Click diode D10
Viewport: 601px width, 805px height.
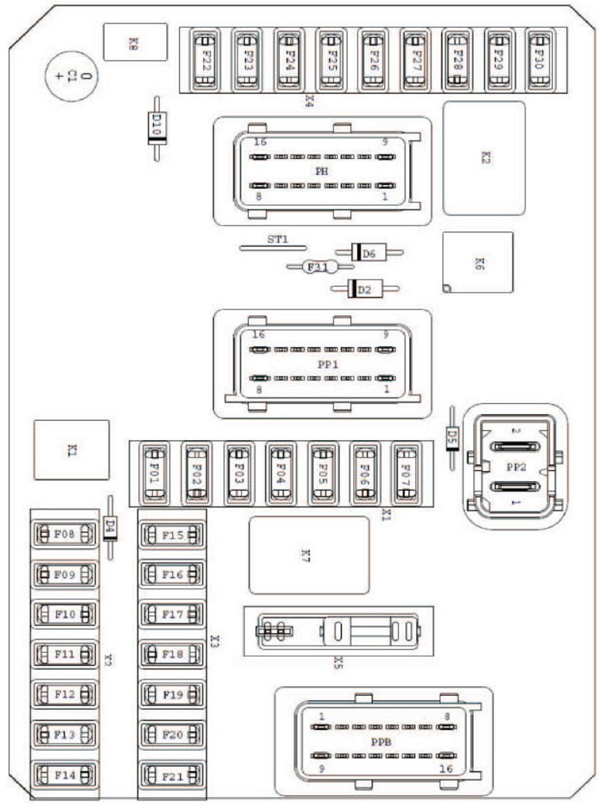click(156, 128)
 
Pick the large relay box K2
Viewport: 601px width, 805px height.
click(483, 158)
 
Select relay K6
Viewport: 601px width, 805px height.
click(477, 263)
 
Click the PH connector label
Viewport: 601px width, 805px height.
click(321, 171)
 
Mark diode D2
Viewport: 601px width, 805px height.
click(365, 289)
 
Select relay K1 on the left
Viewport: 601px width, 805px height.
click(71, 450)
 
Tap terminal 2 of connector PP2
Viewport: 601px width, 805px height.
click(514, 446)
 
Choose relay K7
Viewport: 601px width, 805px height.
click(309, 554)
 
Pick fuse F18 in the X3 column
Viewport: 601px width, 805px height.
click(171, 655)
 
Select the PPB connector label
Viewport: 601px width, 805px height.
click(379, 742)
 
